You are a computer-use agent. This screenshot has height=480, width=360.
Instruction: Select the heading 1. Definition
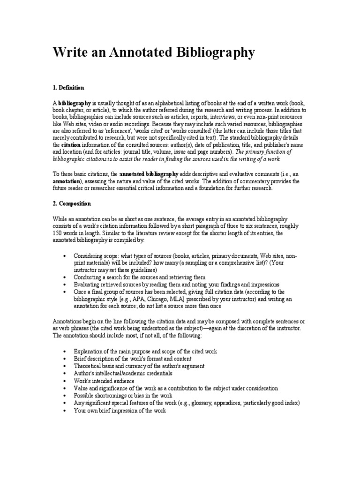click(68, 88)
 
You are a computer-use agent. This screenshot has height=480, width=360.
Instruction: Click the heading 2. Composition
click(72, 204)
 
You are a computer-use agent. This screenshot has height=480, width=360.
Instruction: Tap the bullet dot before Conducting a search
click(64, 277)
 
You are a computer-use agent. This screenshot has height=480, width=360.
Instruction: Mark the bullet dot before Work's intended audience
click(64, 381)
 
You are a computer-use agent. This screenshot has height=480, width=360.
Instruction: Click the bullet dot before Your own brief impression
click(64, 411)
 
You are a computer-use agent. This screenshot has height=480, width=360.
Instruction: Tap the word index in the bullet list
click(292, 403)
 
